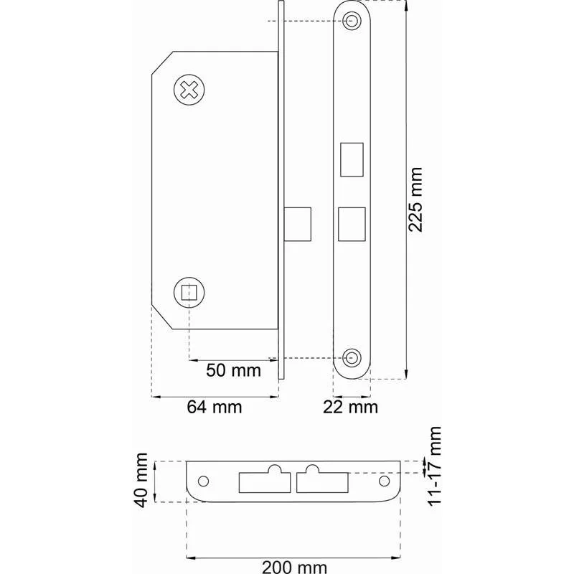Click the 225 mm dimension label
pyautogui.click(x=415, y=199)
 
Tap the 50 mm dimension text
pyautogui.click(x=234, y=370)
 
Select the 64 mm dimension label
pyautogui.click(x=215, y=407)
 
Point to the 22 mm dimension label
pyautogui.click(x=350, y=407)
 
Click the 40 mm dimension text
pyautogui.click(x=141, y=480)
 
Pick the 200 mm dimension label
pyautogui.click(x=295, y=568)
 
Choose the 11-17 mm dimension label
pyautogui.click(x=434, y=466)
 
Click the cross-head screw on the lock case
pyautogui.click(x=189, y=90)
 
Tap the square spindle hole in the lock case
pyautogui.click(x=189, y=292)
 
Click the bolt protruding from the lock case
pyautogui.click(x=298, y=225)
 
